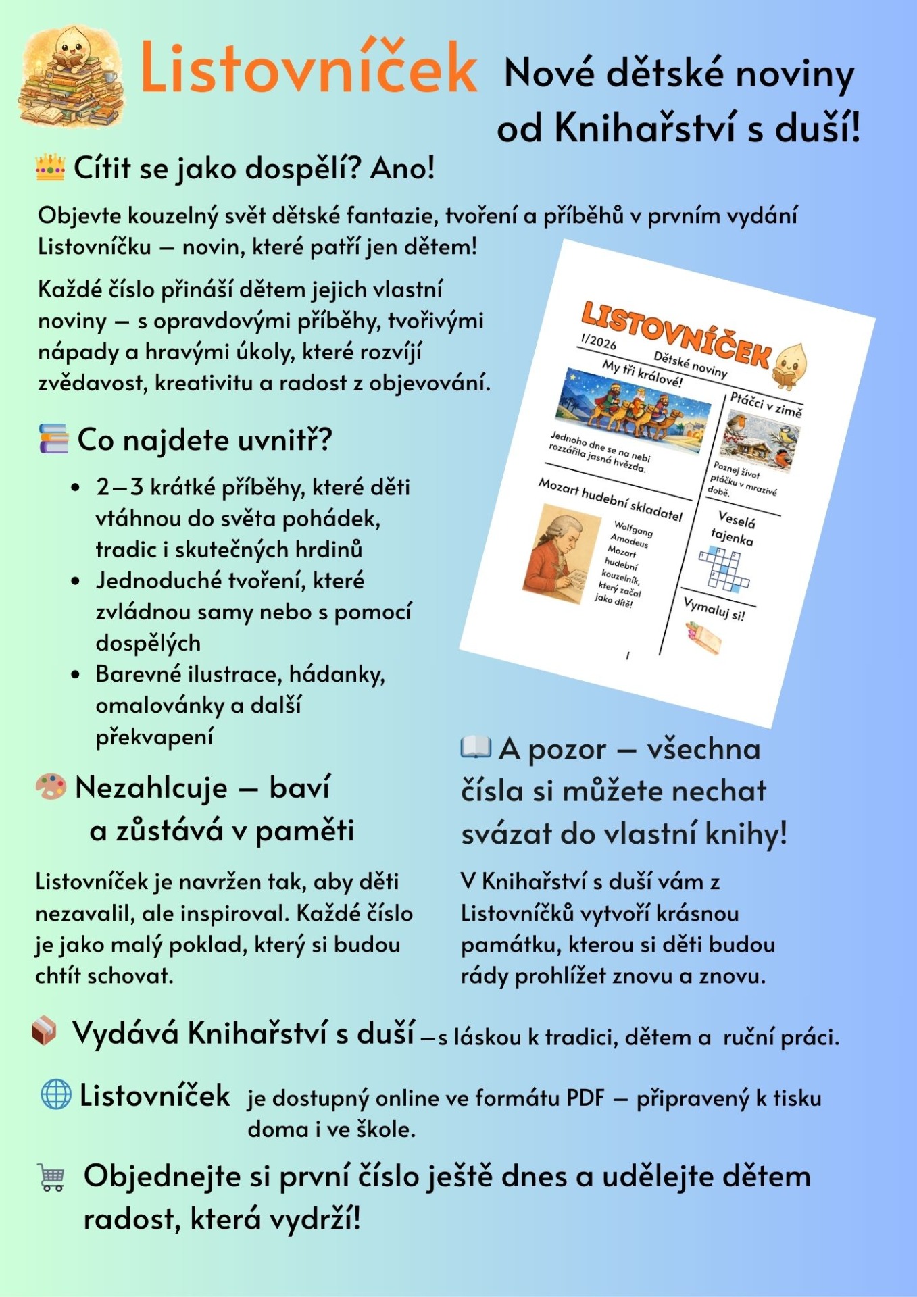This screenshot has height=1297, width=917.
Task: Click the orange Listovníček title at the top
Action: [308, 68]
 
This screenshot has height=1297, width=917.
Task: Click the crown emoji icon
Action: [51, 167]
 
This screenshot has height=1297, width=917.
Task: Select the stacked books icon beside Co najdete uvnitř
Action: [53, 438]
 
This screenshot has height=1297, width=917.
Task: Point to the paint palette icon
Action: [51, 787]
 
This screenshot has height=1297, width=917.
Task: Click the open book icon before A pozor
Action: [476, 747]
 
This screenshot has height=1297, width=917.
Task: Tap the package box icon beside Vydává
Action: [45, 1031]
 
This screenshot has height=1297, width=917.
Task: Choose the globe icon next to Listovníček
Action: [55, 1094]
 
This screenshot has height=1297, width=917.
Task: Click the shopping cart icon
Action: [52, 1177]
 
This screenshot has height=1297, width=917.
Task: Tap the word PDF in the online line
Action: [585, 1098]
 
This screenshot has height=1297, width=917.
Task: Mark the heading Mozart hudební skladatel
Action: [610, 499]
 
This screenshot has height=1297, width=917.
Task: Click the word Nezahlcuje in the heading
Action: [151, 788]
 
